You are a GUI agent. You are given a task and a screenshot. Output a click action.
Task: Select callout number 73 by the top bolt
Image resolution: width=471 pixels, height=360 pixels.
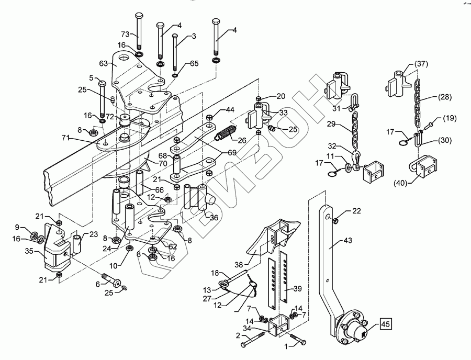(x=126, y=33)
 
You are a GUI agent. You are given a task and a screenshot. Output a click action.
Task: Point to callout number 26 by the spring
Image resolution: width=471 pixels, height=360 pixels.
(x=242, y=140)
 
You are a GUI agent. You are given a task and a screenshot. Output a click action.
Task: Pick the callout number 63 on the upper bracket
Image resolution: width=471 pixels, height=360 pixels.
(x=103, y=63)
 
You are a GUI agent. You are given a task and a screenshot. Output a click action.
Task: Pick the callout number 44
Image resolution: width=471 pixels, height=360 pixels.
(x=230, y=110)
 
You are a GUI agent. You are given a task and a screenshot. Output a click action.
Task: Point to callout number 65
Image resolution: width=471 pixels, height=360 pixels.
(x=194, y=63)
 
